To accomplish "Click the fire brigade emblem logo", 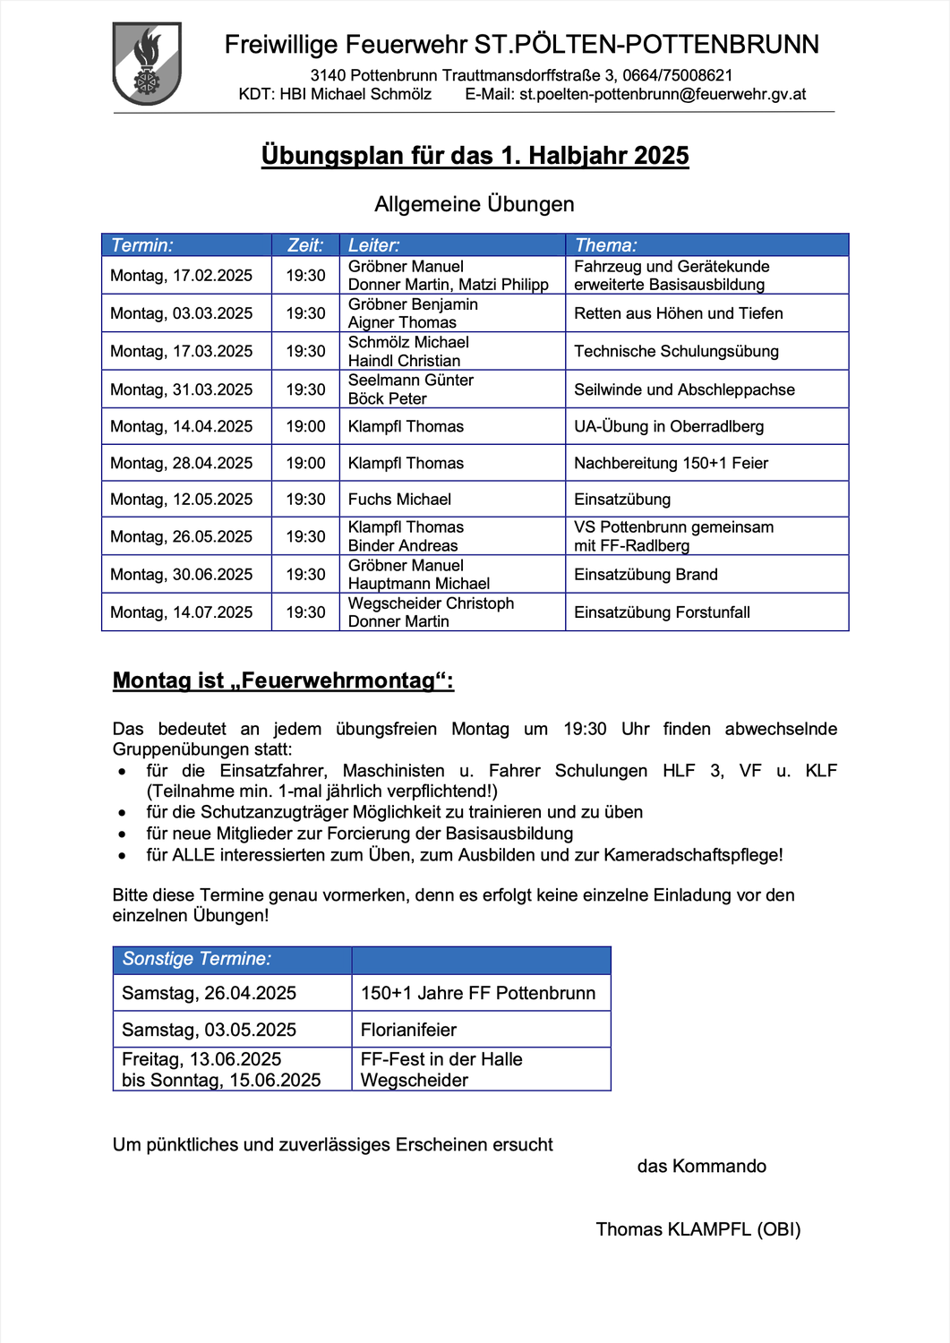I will [x=147, y=64].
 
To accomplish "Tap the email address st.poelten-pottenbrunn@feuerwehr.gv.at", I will [x=663, y=95].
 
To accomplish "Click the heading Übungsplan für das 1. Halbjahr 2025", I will [x=475, y=156].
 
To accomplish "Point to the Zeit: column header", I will [x=304, y=245].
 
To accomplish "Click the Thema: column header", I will [x=605, y=245].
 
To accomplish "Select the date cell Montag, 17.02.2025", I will [x=181, y=276].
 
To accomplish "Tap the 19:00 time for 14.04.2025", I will [x=305, y=427].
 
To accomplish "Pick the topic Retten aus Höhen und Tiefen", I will [x=678, y=313].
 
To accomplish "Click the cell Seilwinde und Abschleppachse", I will [x=684, y=389].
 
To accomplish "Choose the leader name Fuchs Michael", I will [x=399, y=500].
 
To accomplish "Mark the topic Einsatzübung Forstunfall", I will [x=662, y=612].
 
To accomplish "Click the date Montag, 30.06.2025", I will [x=181, y=575].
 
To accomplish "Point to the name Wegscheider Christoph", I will [x=431, y=603].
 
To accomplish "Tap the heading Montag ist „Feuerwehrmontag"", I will [x=283, y=680].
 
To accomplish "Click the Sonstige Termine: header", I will [x=196, y=959].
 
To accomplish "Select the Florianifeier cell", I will [x=408, y=1030].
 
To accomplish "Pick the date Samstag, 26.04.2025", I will [x=209, y=993].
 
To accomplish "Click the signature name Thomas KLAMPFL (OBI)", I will [x=698, y=1229].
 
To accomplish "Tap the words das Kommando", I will [x=701, y=1166].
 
